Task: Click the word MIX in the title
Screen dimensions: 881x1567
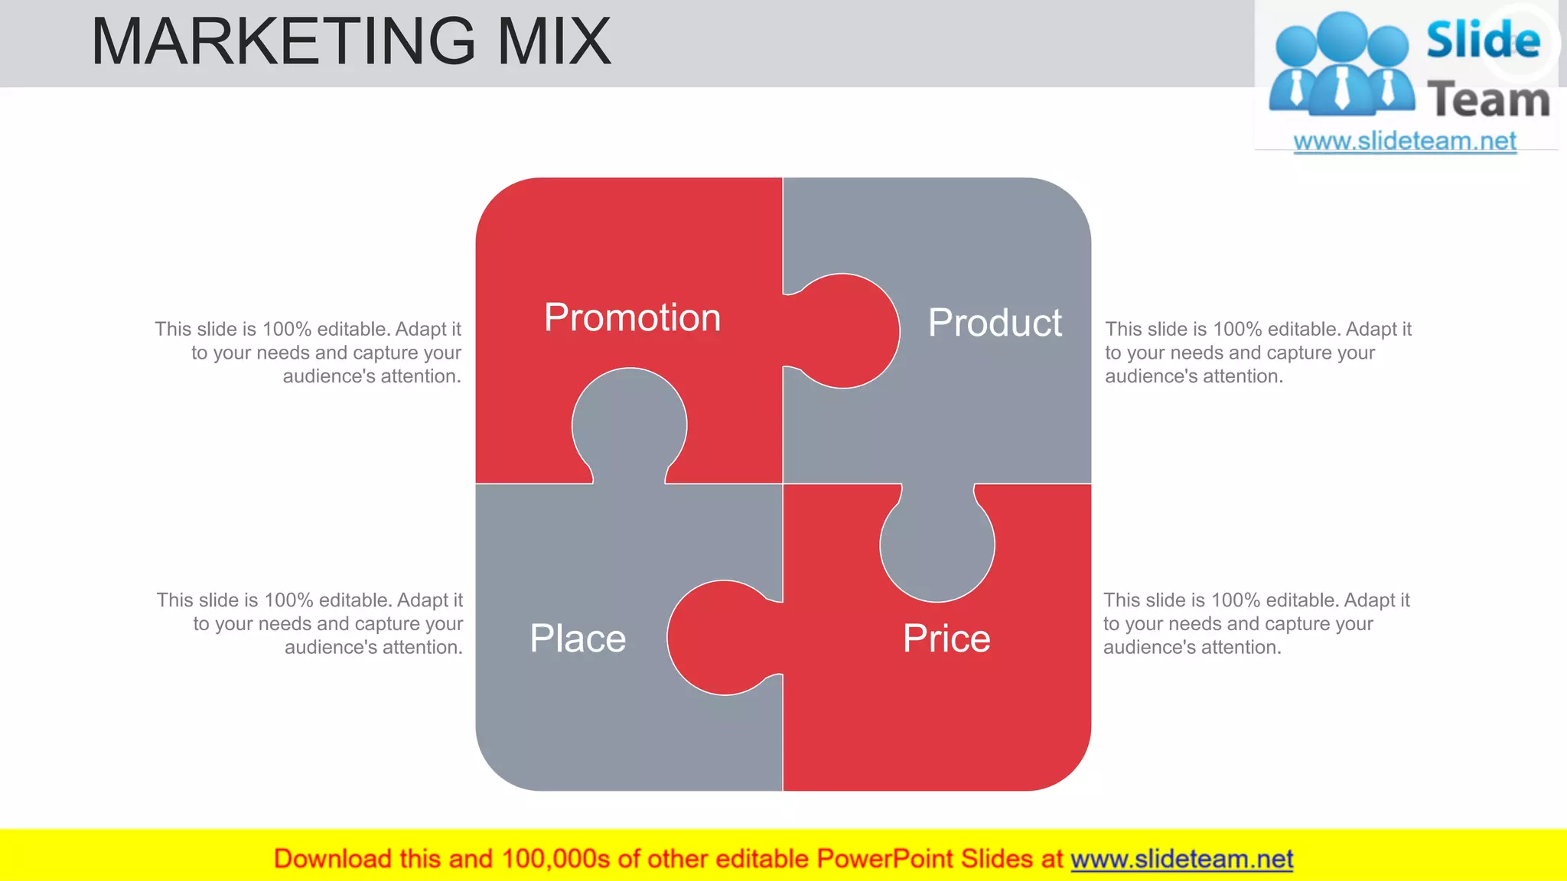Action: [x=554, y=41]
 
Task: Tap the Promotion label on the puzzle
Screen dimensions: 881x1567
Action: [x=632, y=317]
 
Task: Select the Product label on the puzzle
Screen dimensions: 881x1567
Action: [x=995, y=323]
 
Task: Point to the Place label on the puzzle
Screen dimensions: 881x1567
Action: [x=578, y=639]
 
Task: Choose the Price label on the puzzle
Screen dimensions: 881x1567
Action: [x=946, y=639]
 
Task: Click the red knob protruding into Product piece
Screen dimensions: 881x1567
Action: [x=849, y=330]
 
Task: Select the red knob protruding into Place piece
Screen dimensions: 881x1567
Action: [x=719, y=637]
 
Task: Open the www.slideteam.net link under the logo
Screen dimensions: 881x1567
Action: [x=1405, y=141]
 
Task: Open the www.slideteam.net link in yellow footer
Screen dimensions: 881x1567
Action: [x=1181, y=860]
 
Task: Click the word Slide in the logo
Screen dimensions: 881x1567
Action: [x=1483, y=40]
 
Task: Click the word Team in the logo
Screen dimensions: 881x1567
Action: [x=1488, y=100]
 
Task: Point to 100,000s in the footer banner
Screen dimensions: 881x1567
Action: [x=555, y=860]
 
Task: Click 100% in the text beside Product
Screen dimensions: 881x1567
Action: [x=1236, y=330]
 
